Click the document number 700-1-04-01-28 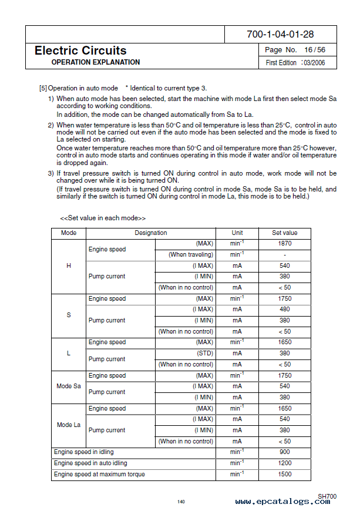click(280, 34)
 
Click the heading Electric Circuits click(80, 51)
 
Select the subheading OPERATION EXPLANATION click(96, 62)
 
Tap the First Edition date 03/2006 click(314, 63)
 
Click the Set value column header click(285, 233)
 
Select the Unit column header click(237, 233)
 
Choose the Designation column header click(151, 233)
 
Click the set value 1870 click(285, 244)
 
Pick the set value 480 click(285, 310)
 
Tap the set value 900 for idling click(285, 452)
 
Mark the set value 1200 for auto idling click(285, 463)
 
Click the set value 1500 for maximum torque click(285, 474)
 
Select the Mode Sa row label click(69, 386)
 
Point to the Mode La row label click(69, 425)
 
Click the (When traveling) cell click(191, 255)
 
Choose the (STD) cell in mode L click(205, 354)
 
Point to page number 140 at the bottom click(181, 502)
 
